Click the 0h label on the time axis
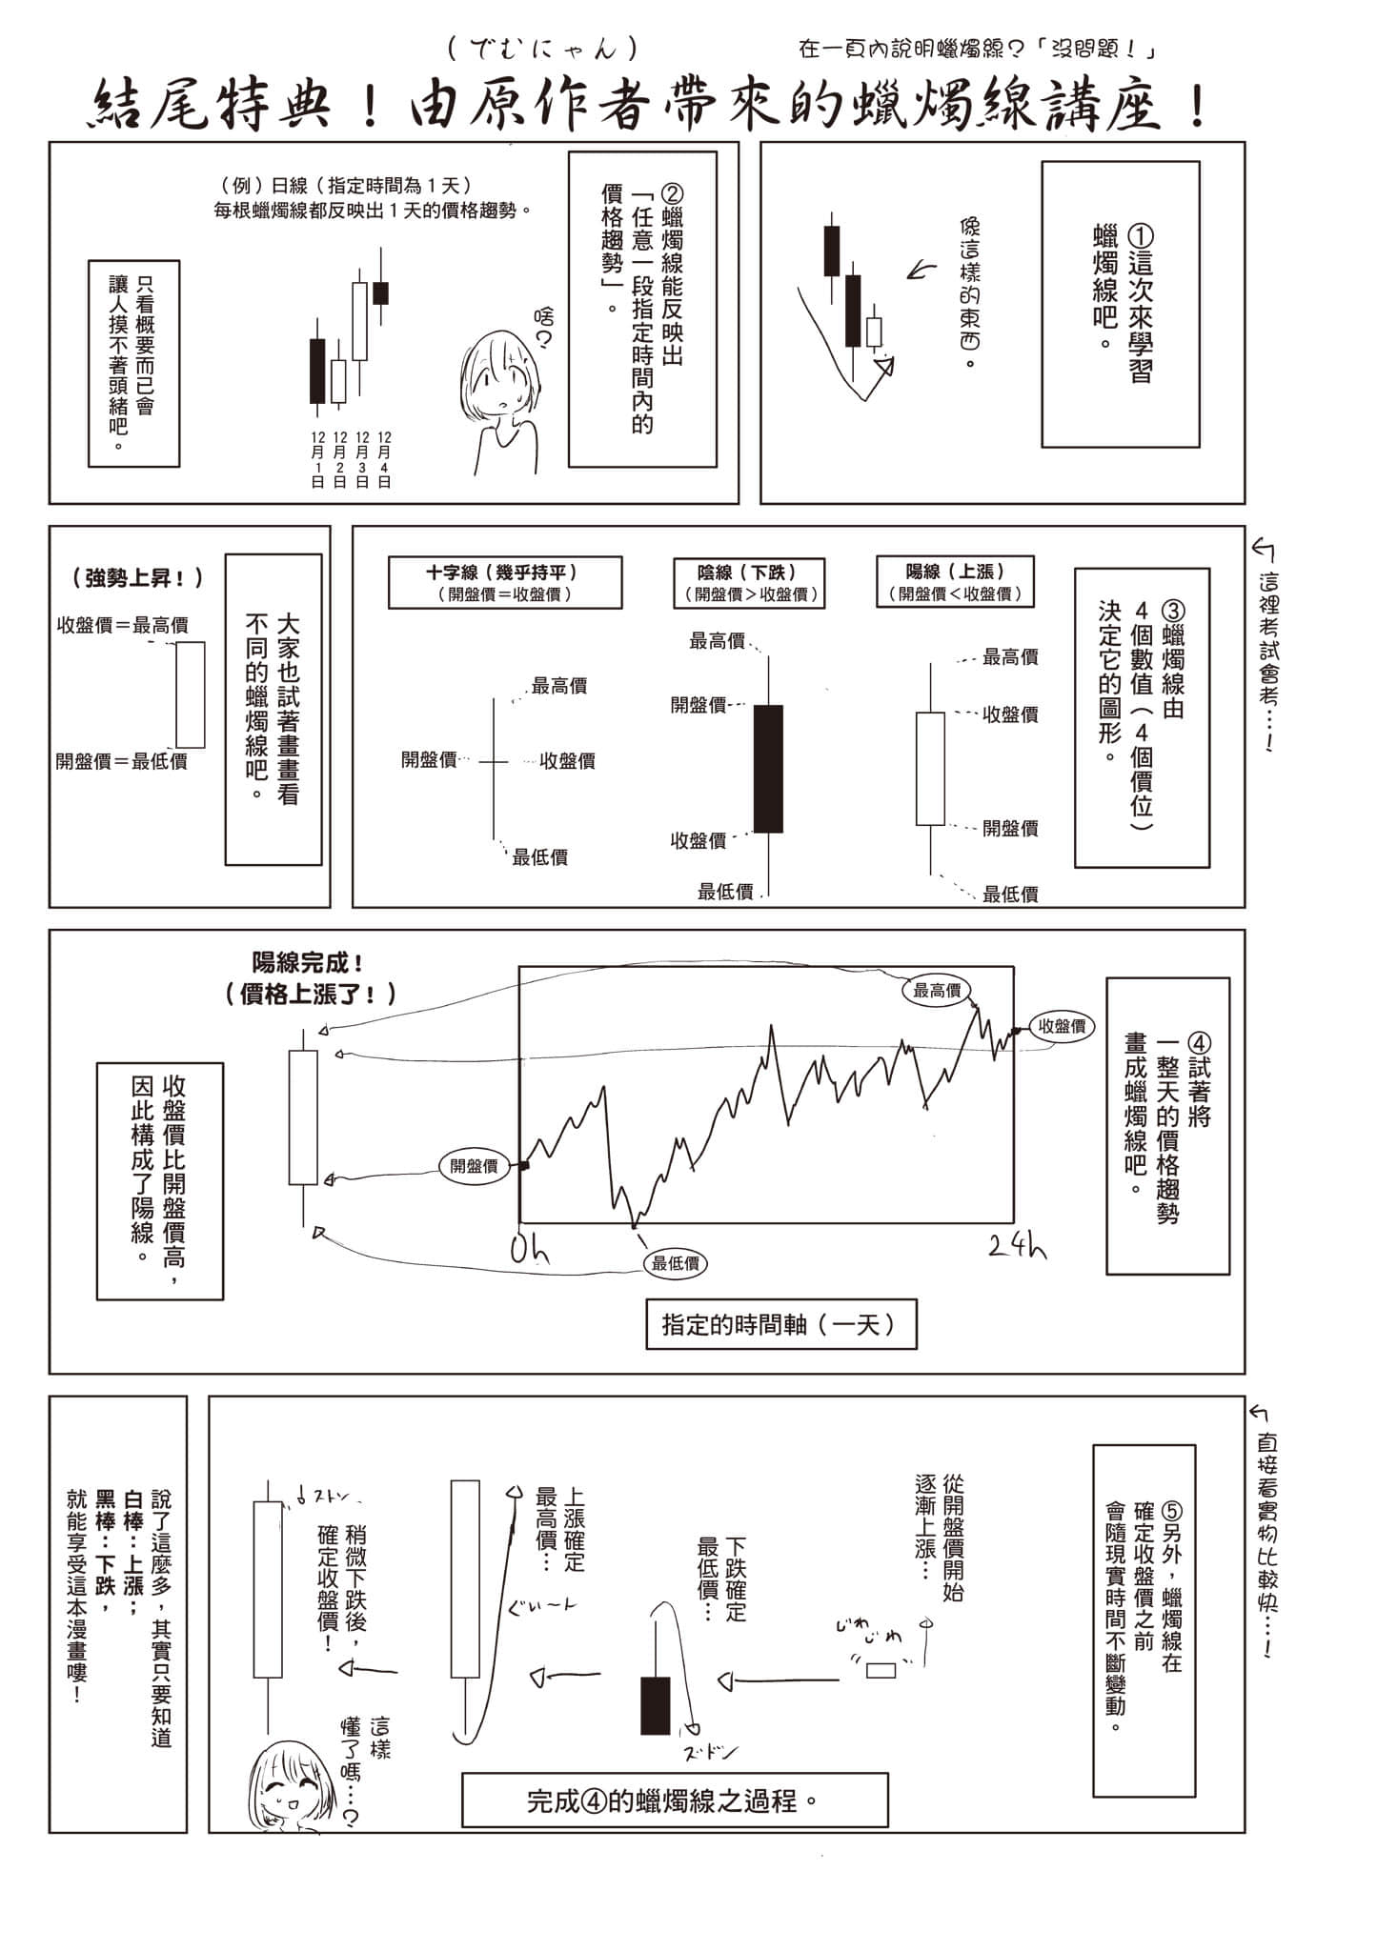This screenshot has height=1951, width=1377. click(x=530, y=1249)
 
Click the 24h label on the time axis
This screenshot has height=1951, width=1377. click(x=1018, y=1245)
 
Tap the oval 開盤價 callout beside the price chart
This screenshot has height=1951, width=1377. click(x=475, y=1166)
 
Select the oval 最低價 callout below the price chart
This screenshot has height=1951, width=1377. click(x=676, y=1263)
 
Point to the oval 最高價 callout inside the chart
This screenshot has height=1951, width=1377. click(x=937, y=991)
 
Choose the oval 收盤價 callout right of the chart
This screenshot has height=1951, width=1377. click(x=1062, y=1026)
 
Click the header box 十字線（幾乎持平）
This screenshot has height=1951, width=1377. click(x=505, y=583)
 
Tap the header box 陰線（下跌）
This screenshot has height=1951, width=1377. click(x=747, y=583)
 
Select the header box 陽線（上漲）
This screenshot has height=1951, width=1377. click(x=955, y=583)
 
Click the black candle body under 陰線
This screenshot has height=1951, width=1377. click(x=768, y=769)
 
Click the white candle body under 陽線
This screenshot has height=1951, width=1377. click(x=930, y=769)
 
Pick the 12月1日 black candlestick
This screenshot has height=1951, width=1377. click(x=317, y=370)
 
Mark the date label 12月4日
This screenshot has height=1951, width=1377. click(x=384, y=459)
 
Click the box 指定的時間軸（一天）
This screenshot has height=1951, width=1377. click(x=780, y=1324)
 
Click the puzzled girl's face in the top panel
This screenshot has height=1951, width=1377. click(x=500, y=376)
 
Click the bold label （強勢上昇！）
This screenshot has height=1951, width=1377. click(x=137, y=578)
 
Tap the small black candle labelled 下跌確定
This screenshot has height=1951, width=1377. click(x=655, y=1705)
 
